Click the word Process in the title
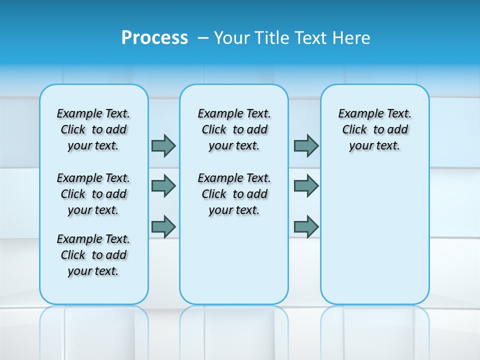[x=154, y=38]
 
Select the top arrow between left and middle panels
[x=163, y=145]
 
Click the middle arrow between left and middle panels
[x=163, y=186]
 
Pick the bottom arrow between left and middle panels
[x=163, y=226]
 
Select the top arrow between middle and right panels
[x=306, y=145]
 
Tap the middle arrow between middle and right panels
[x=306, y=186]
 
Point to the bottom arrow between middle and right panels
[x=306, y=226]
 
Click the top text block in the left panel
[x=93, y=129]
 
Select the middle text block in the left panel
[x=93, y=194]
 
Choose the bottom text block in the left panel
[x=93, y=255]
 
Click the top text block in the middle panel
[x=234, y=129]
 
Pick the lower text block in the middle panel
[x=234, y=194]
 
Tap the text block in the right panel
[x=375, y=129]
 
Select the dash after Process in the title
[x=203, y=38]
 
